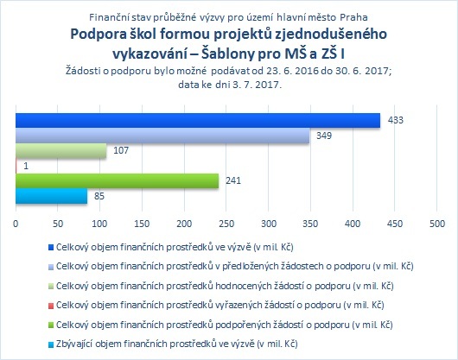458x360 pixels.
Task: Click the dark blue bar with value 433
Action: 198,120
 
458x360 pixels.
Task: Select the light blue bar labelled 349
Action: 162,136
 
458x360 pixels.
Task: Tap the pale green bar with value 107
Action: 61,151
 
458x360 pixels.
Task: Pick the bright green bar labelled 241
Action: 118,181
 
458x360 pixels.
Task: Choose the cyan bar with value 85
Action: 51,196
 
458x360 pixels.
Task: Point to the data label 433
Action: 396,120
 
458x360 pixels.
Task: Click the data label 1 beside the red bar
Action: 26,166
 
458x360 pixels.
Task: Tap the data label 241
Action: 233,181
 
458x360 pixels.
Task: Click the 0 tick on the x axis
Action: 16,224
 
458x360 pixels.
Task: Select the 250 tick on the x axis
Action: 226,224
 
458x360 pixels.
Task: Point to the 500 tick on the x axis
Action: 437,224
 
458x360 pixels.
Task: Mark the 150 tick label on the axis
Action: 143,224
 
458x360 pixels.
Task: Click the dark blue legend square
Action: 51,248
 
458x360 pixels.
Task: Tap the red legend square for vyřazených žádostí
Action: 51,306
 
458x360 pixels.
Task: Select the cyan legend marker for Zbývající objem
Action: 51,344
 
